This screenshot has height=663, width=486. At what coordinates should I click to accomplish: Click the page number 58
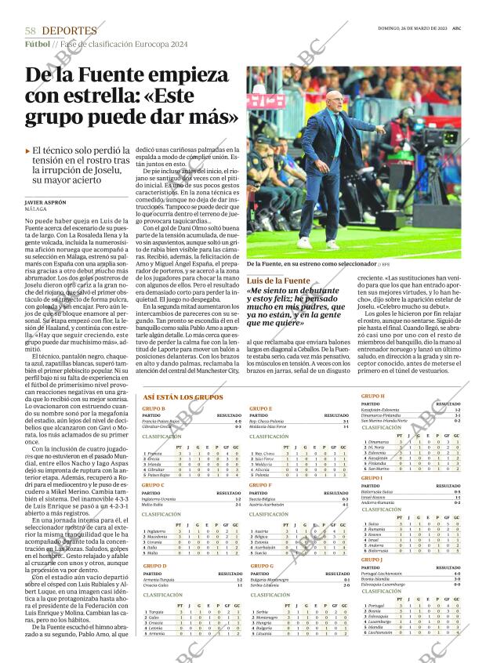[x=31, y=31]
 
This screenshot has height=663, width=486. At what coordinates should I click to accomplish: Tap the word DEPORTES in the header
[x=70, y=31]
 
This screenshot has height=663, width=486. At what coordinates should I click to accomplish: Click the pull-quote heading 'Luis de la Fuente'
[x=279, y=281]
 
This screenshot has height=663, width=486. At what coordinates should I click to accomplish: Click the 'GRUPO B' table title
[x=153, y=409]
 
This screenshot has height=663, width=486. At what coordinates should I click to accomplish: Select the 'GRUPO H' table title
[x=372, y=397]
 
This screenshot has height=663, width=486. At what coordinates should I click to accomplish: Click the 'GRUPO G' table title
[x=261, y=565]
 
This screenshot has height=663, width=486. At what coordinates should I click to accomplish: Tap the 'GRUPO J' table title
[x=372, y=560]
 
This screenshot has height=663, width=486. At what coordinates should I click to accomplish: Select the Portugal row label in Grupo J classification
[x=375, y=606]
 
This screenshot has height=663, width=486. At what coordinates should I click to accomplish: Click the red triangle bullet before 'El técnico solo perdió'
[x=28, y=150]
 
